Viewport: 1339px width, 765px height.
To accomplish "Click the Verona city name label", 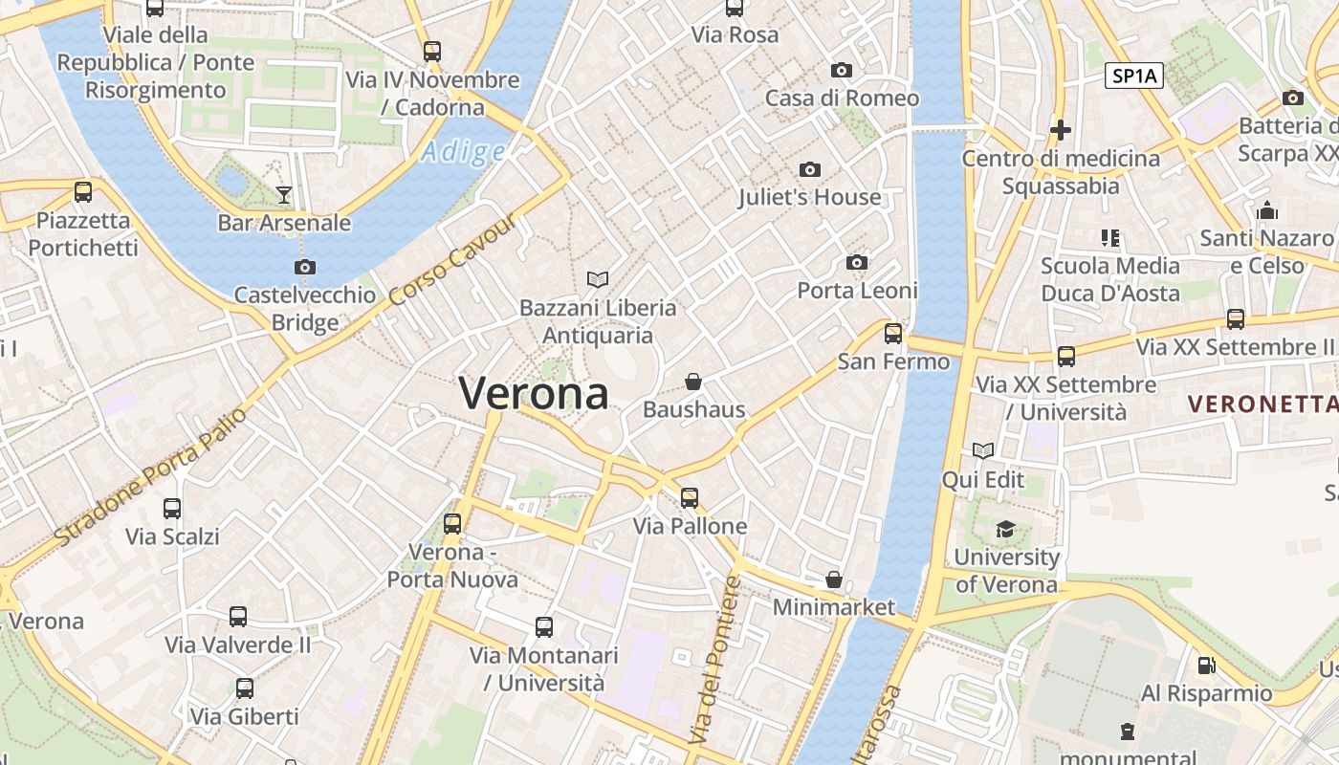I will [x=534, y=393].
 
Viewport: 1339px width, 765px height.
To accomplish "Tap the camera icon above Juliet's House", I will [x=810, y=170].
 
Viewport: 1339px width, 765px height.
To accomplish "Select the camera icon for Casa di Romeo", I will [x=842, y=70].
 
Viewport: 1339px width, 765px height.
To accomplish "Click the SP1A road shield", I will [x=1134, y=76].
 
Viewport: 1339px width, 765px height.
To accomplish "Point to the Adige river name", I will [x=463, y=151].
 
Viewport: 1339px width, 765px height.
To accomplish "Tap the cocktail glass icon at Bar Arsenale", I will [x=284, y=195].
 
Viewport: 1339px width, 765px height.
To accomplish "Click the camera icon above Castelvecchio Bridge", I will [x=305, y=267].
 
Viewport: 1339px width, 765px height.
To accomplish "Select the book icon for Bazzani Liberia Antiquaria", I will [x=598, y=279].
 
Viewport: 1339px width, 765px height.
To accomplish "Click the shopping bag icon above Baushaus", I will [x=693, y=382].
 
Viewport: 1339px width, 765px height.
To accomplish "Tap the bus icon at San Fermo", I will [x=893, y=333].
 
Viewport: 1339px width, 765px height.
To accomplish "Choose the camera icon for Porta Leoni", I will [x=857, y=262].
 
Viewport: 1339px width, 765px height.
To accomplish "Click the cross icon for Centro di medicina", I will [x=1061, y=129].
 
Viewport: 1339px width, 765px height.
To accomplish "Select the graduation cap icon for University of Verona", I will [x=1005, y=529].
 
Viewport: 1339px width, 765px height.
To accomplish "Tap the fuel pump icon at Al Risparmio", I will [x=1207, y=665].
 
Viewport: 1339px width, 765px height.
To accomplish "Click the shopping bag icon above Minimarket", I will [x=834, y=579].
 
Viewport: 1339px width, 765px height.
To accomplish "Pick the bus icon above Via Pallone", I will [x=690, y=497].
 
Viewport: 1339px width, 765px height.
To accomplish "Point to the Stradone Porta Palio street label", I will [x=151, y=477].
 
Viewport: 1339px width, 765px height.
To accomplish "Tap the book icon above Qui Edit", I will [x=983, y=450].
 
